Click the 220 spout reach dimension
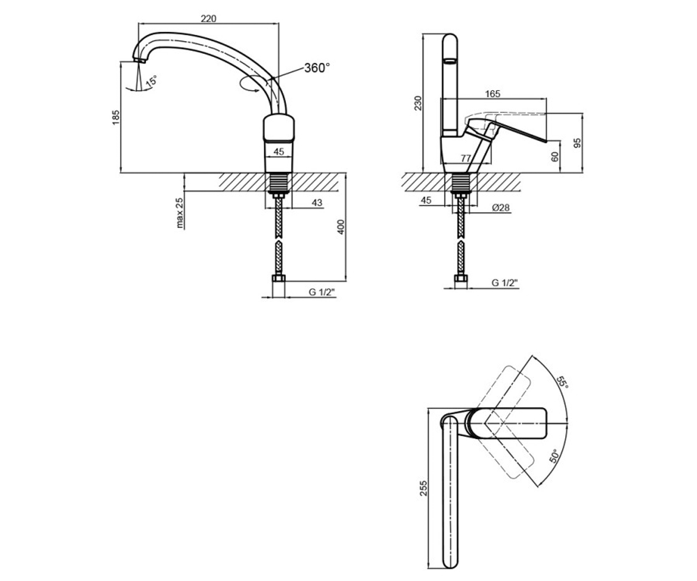pyautogui.click(x=209, y=19)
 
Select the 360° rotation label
pyautogui.click(x=317, y=68)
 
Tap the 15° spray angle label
pyautogui.click(x=152, y=81)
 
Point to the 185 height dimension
pyautogui.click(x=116, y=117)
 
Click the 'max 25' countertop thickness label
pyautogui.click(x=179, y=213)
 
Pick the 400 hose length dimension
pyautogui.click(x=340, y=227)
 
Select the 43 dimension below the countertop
pyautogui.click(x=317, y=202)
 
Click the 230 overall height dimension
pyautogui.click(x=418, y=103)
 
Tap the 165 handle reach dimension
pyautogui.click(x=493, y=94)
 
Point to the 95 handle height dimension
pyautogui.click(x=577, y=143)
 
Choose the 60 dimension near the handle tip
pyautogui.click(x=555, y=157)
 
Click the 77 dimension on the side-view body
pyautogui.click(x=466, y=158)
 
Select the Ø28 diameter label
pyautogui.click(x=501, y=207)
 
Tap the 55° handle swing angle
pyautogui.click(x=562, y=382)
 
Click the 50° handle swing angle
pyautogui.click(x=554, y=456)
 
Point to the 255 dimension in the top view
pyautogui.click(x=423, y=488)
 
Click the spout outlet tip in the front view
pyautogui.click(x=139, y=60)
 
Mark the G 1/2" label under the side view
pyautogui.click(x=505, y=283)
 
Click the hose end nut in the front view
pyautogui.click(x=278, y=278)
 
